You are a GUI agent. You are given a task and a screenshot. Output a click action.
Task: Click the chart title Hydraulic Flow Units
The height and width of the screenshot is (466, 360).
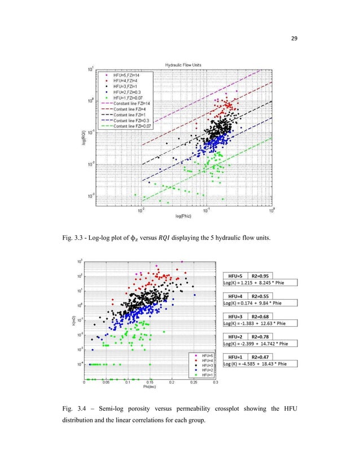click(x=183, y=65)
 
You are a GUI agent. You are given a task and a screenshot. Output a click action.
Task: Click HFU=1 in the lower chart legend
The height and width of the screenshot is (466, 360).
click(x=204, y=375)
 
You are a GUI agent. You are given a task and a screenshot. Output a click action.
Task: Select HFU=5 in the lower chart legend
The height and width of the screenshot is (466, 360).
click(x=204, y=356)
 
